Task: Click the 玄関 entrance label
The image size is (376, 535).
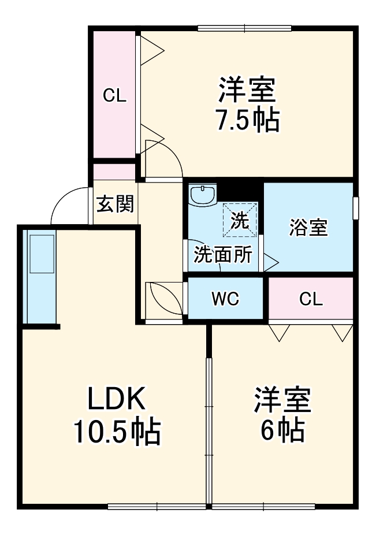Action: tap(115, 204)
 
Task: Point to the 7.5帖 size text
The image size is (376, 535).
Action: tap(247, 120)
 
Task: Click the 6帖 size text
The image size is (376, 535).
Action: tap(282, 430)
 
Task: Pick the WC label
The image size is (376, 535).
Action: tap(225, 299)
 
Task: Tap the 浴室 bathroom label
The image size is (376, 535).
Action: tap(308, 227)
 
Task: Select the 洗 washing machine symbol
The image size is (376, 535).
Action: tap(240, 220)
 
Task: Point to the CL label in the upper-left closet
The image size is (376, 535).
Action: tap(114, 96)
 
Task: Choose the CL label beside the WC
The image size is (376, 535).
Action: tap(311, 299)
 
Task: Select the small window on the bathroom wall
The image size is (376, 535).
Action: tap(356, 208)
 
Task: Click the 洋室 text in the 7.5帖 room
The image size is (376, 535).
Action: tap(247, 90)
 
